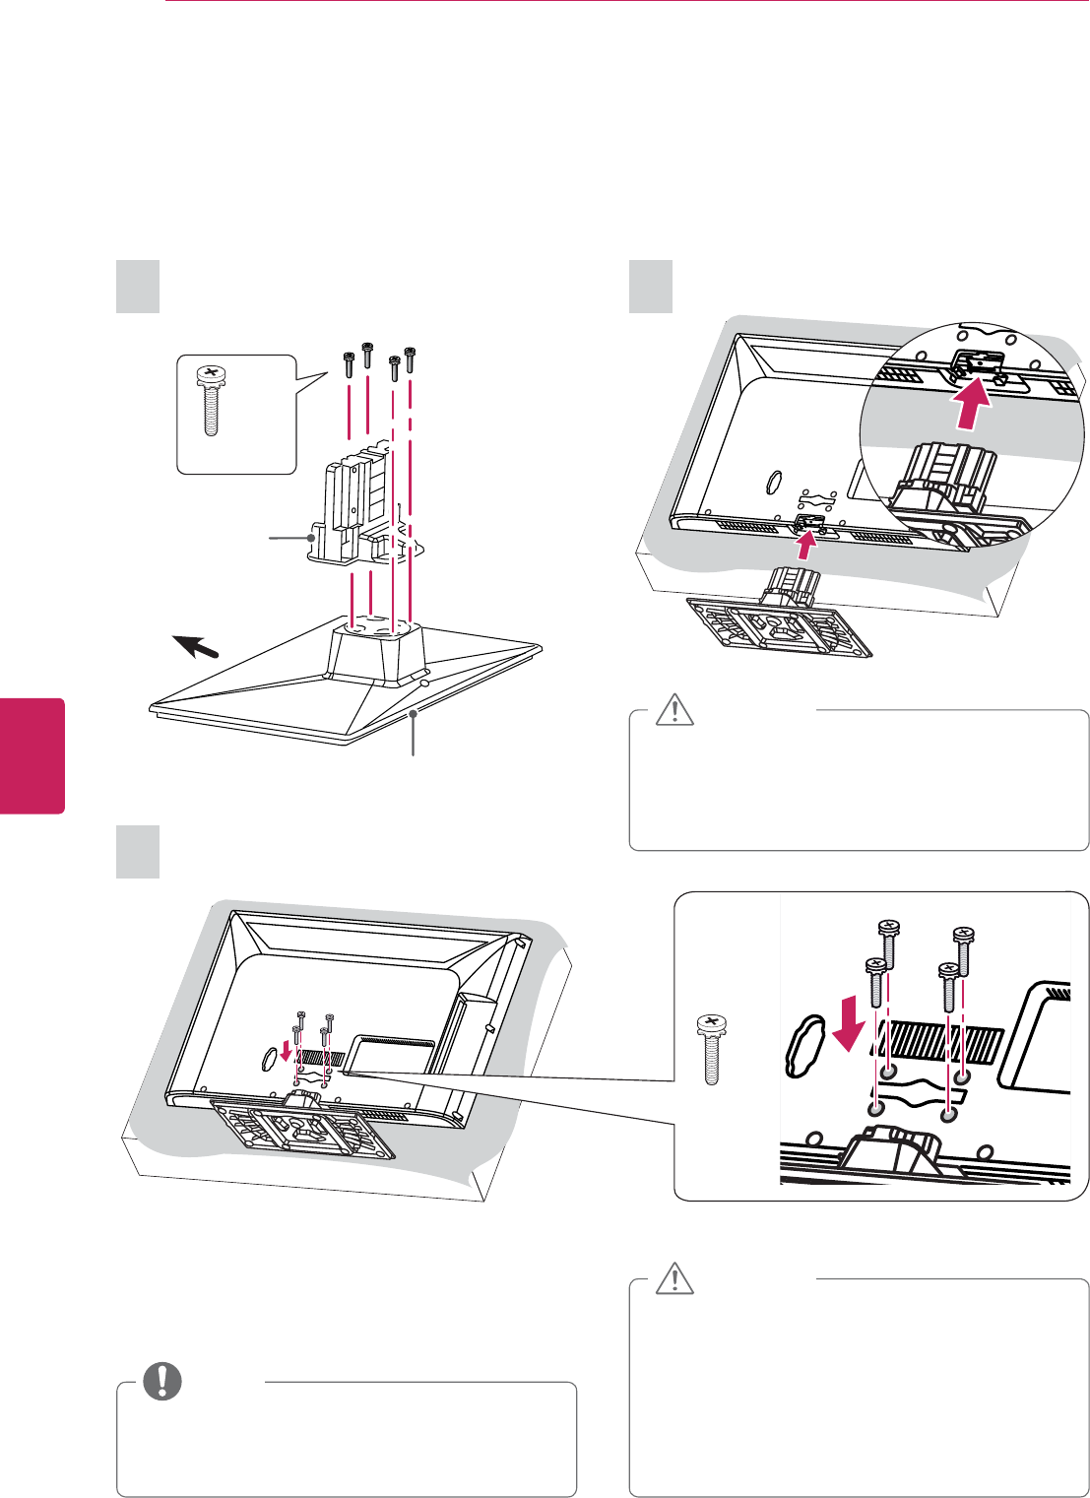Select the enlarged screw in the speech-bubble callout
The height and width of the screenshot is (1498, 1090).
(x=210, y=401)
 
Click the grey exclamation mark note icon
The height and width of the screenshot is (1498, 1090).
(x=162, y=1382)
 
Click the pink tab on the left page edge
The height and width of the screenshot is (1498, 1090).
(x=32, y=755)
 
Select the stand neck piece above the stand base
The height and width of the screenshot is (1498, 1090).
(x=354, y=512)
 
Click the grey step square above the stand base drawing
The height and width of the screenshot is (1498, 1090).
(x=138, y=286)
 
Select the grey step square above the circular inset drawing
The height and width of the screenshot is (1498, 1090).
(x=651, y=286)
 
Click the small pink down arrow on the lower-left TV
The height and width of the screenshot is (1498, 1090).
(x=287, y=1053)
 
